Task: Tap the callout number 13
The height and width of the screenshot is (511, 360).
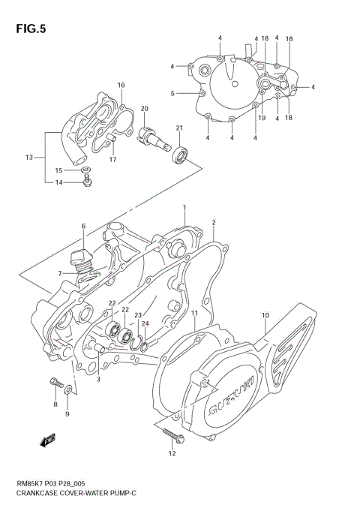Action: pos(29,158)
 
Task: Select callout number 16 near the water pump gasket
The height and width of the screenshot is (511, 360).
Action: pos(121,85)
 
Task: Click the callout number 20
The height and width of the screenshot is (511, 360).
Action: pos(144,109)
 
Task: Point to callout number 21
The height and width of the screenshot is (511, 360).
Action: pos(180,128)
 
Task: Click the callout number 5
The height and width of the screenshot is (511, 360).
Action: pos(172,94)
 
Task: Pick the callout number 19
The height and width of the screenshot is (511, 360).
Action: pos(262,118)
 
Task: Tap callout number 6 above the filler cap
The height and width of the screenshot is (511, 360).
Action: pos(83,226)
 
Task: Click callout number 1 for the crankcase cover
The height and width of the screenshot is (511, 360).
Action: pos(184,207)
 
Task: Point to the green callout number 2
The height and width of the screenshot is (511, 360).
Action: pos(213,223)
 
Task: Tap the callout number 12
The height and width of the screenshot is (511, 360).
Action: pos(172,453)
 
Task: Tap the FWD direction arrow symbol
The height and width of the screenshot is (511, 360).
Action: pos(49,440)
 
